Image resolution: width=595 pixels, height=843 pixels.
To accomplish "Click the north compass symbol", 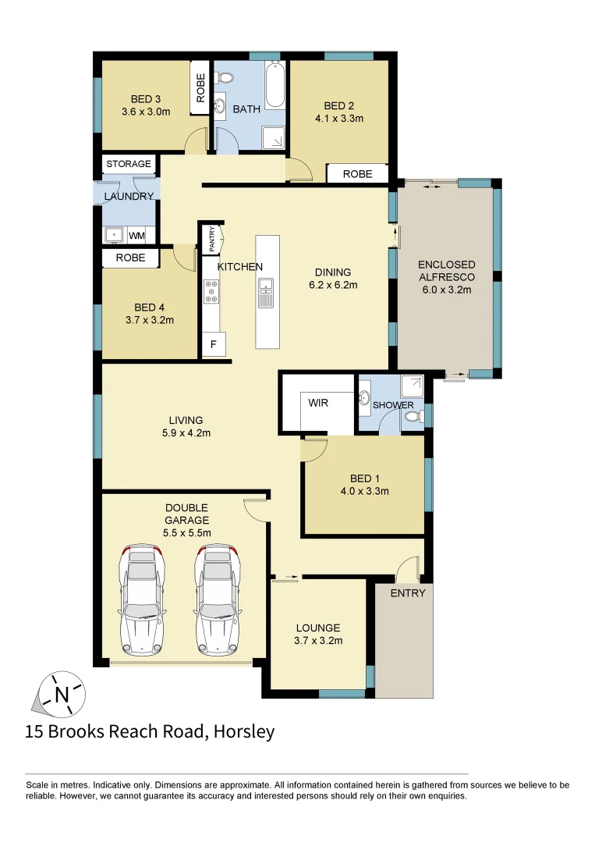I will (x=60, y=692).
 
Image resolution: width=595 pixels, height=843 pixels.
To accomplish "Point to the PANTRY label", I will (x=211, y=239).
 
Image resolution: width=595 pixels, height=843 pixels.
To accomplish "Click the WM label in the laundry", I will (x=136, y=235).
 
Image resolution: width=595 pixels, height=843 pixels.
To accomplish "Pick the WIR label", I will (x=318, y=404).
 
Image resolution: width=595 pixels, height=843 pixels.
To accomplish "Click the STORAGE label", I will (x=129, y=164).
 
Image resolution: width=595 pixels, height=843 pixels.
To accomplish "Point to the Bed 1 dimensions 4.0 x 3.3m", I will (x=364, y=491).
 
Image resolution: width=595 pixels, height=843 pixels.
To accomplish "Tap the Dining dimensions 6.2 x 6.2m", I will (x=333, y=285).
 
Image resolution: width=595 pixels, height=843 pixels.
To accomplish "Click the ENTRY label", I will (x=408, y=593).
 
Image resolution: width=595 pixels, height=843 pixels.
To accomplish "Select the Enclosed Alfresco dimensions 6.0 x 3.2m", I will (x=446, y=289).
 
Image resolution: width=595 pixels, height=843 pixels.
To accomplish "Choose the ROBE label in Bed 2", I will (x=358, y=174).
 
